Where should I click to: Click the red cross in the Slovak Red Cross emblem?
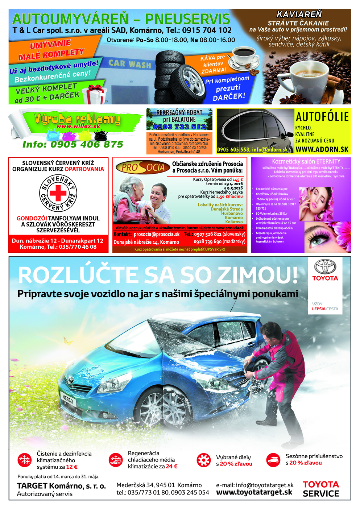coord(58,193)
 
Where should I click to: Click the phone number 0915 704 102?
coord(207,30)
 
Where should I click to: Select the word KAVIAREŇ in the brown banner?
coord(299,15)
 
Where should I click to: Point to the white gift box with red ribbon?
coord(95,94)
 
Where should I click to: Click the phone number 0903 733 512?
coord(179,127)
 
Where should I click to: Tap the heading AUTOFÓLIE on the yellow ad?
coord(322,117)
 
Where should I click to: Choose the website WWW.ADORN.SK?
coord(322,149)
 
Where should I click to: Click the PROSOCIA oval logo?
coord(142,167)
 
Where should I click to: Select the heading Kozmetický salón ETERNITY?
coord(306,161)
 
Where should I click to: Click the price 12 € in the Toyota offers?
coord(71,467)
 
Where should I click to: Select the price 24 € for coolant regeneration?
coord(171,467)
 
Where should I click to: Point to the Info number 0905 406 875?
coord(73,144)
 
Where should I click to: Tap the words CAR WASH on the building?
coord(129,64)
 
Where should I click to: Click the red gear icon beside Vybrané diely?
coord(203,460)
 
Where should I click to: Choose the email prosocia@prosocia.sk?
coord(156,235)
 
